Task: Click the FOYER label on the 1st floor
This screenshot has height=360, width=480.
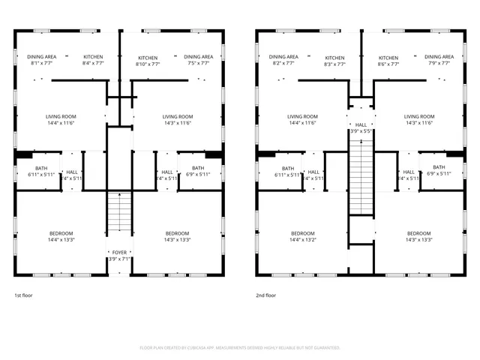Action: tap(119, 253)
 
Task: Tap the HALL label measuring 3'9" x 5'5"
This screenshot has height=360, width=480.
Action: tap(361, 124)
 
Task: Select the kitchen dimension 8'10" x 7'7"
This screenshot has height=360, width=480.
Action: tap(148, 64)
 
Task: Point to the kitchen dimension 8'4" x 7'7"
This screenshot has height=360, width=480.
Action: tap(93, 64)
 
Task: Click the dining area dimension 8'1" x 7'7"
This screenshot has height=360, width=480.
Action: tap(42, 64)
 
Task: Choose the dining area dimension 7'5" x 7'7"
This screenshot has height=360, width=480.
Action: tap(199, 64)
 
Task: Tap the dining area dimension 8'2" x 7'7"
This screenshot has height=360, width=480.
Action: tap(283, 64)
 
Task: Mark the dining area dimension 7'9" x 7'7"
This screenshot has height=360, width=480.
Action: tap(439, 64)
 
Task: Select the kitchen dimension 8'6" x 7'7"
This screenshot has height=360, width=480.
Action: tap(388, 64)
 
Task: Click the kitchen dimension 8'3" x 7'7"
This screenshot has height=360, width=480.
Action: tap(334, 64)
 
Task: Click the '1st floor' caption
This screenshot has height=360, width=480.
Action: tap(23, 295)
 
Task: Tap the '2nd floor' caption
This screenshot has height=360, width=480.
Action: tap(265, 295)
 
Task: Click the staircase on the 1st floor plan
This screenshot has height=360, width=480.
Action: tap(118, 214)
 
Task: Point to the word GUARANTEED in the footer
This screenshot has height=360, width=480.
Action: tap(325, 348)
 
